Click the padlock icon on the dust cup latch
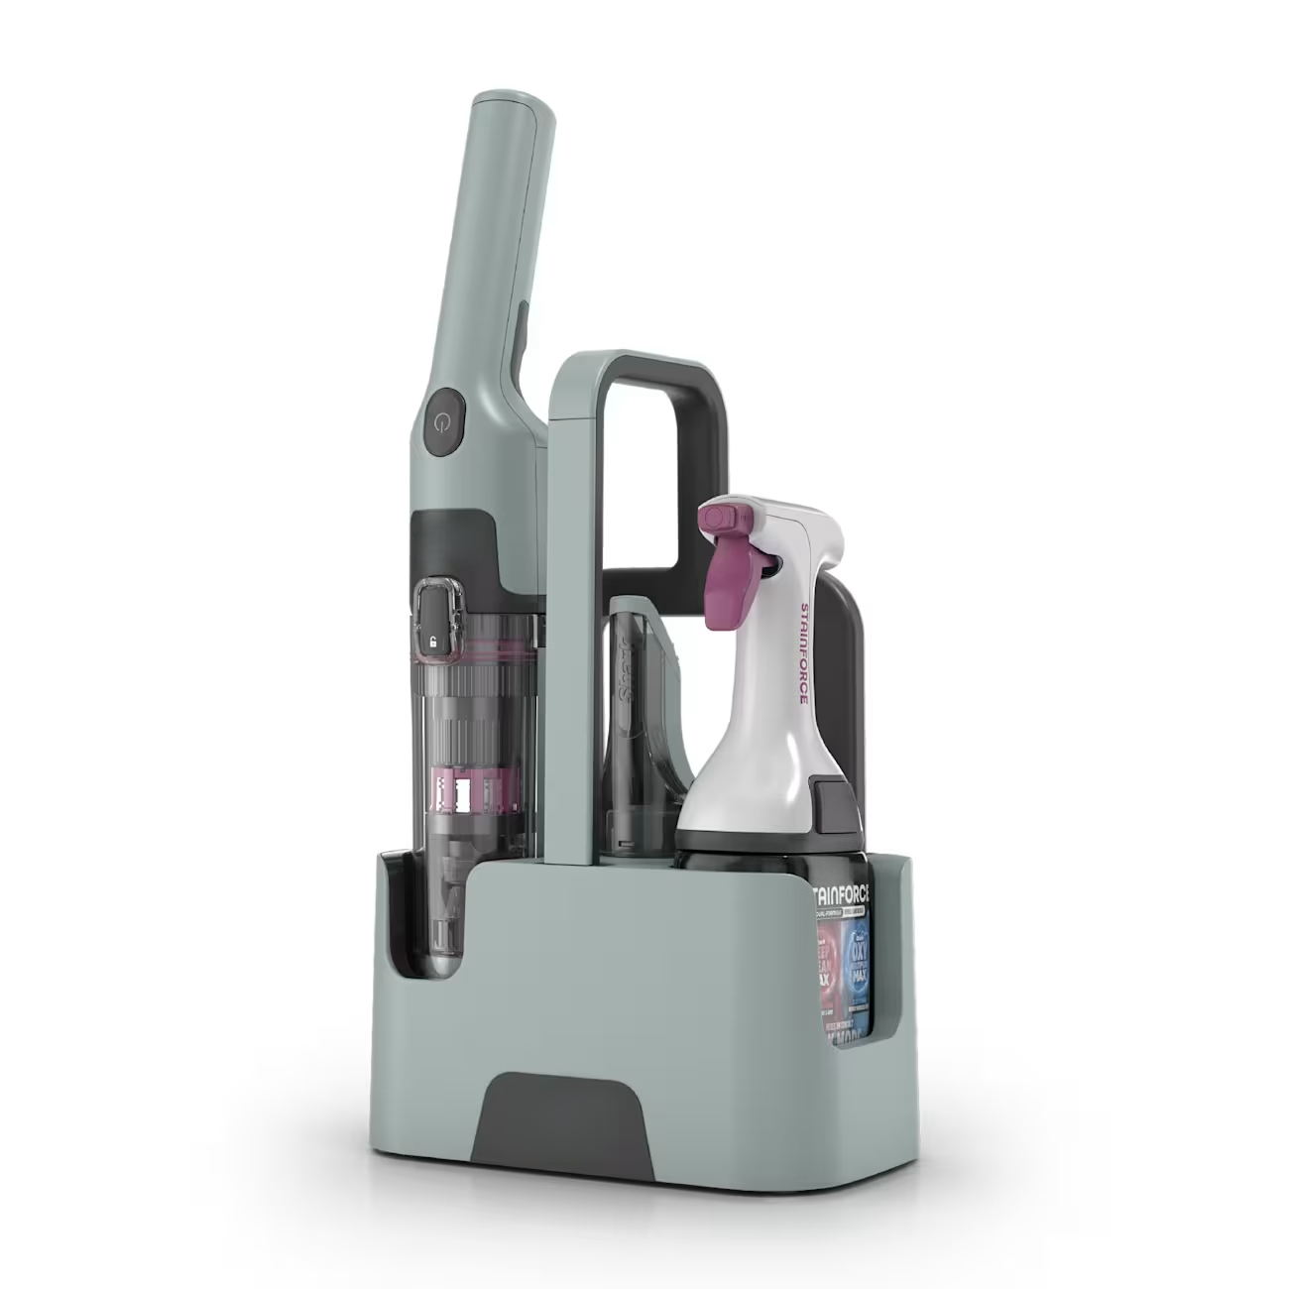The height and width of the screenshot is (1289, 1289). [x=432, y=642]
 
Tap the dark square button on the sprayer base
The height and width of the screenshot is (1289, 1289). [x=828, y=795]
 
